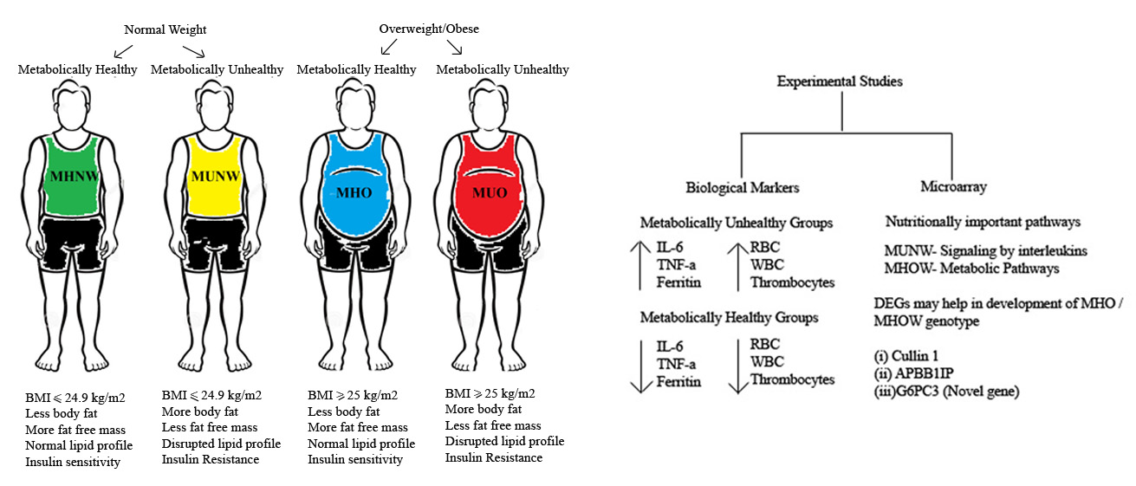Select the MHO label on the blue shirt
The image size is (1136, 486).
354,193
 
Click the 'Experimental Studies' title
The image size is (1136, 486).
840,82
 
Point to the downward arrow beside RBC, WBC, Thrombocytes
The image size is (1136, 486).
739,363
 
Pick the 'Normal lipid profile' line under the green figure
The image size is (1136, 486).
79,445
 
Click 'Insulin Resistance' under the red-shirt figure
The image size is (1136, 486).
494,457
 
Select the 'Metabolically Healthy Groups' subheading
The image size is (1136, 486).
729,318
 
